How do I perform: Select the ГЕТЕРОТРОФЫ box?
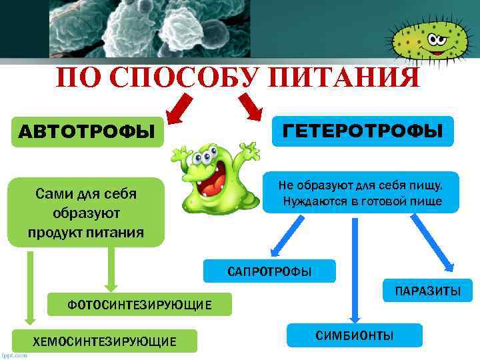[363, 131]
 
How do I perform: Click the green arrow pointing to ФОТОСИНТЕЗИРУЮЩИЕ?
[111, 270]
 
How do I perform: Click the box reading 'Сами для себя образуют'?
[85, 213]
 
